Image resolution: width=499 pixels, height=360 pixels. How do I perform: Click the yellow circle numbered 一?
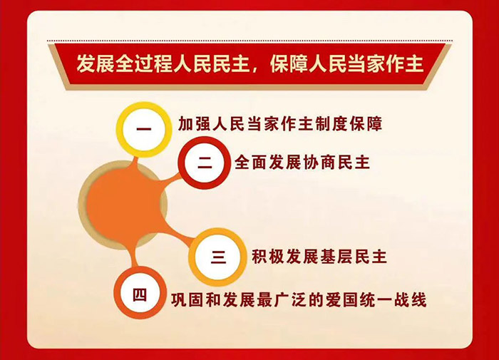click(144, 129)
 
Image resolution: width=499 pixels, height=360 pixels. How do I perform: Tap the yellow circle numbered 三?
click(217, 256)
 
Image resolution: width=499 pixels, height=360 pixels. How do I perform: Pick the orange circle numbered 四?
click(140, 293)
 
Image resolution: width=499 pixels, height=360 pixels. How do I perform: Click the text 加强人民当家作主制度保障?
click(279, 125)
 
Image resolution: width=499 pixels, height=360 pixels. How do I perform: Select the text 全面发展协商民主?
click(302, 162)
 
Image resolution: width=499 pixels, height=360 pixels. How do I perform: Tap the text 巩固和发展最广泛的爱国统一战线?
click(299, 299)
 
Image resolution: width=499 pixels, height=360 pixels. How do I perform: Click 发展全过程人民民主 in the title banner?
click(159, 65)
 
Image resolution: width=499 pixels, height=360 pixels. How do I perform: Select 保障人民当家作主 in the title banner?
click(347, 65)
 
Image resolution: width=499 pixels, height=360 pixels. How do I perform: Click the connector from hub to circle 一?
click(136, 160)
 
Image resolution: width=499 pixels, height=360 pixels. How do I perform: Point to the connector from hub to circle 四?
click(131, 253)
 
